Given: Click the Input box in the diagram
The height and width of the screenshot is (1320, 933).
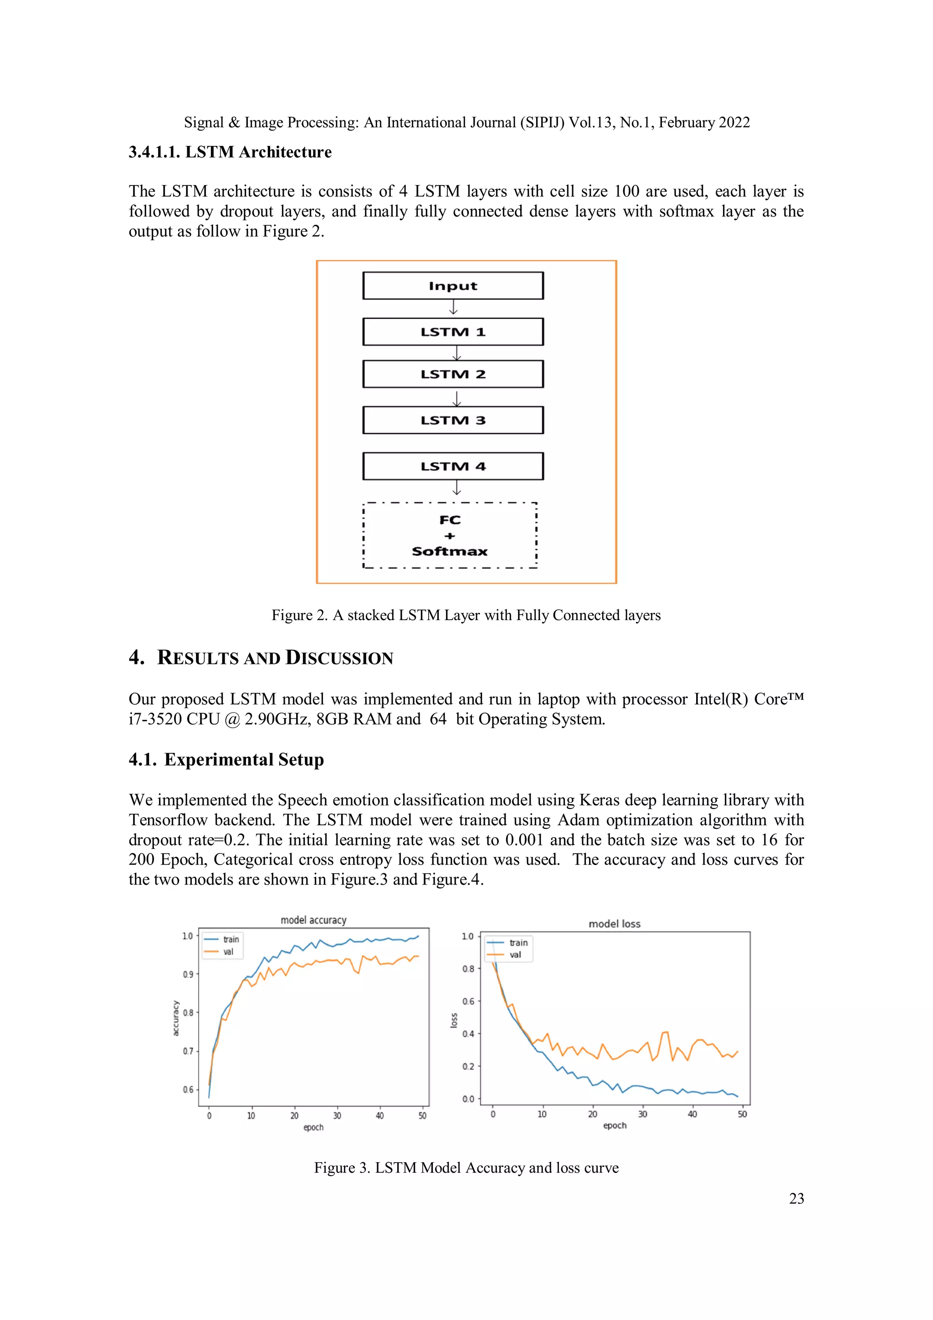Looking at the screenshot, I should [x=453, y=286].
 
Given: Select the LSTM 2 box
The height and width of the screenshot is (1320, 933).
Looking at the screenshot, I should [x=453, y=374].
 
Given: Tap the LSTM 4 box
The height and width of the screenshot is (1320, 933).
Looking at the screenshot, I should [x=453, y=466].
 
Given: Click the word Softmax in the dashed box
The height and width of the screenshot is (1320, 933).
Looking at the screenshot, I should [x=449, y=551].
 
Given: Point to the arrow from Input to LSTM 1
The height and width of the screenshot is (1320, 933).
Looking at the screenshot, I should [x=453, y=308].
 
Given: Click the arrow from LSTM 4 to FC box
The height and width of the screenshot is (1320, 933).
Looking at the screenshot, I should [x=457, y=488].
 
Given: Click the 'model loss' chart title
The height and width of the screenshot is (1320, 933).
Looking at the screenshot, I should [x=614, y=923].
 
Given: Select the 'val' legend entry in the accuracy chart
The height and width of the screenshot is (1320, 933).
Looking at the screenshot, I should [x=228, y=952].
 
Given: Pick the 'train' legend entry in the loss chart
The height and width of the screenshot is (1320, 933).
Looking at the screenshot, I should [x=518, y=942].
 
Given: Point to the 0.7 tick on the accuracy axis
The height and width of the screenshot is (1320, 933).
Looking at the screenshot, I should [x=188, y=1051].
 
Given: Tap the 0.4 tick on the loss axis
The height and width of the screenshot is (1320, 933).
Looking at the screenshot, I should [x=468, y=1034].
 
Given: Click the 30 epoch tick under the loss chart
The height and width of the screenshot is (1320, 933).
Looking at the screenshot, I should [x=642, y=1113].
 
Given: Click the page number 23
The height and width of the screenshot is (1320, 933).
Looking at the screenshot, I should [x=796, y=1198].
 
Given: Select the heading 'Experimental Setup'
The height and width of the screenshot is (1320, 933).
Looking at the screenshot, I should [x=244, y=760].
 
